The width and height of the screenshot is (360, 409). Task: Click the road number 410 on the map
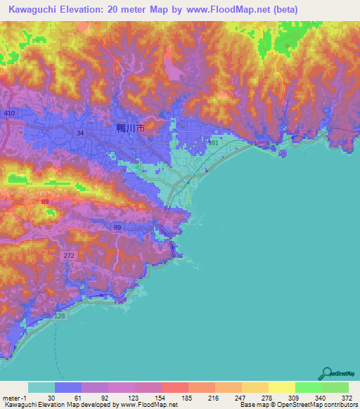(x=9, y=113)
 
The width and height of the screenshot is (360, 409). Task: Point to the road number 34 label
(x=80, y=132)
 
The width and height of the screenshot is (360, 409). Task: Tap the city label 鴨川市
(x=129, y=129)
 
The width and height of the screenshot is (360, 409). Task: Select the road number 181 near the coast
(x=214, y=143)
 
